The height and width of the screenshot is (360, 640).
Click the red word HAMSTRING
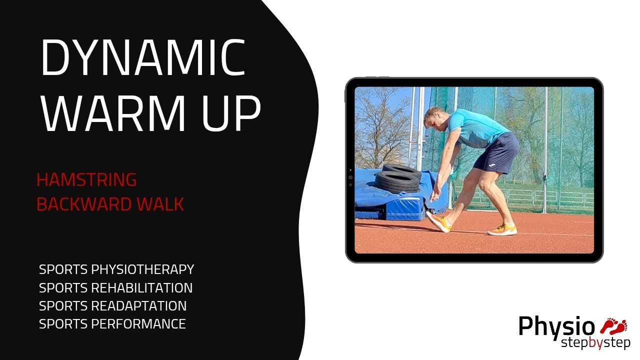click(x=86, y=179)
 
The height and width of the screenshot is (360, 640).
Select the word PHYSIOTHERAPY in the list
click(x=142, y=270)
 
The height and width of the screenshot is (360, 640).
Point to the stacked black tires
click(x=397, y=178)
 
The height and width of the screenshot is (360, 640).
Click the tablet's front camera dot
click(x=350, y=177)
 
